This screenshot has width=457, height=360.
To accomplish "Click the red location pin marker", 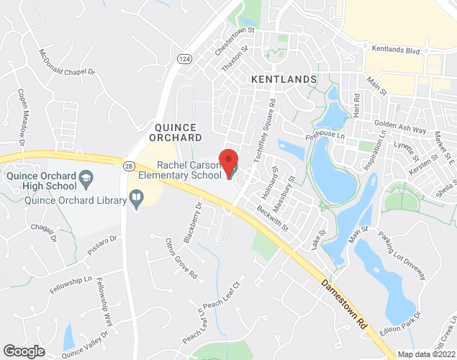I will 228,162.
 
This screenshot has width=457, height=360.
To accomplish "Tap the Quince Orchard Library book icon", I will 136,198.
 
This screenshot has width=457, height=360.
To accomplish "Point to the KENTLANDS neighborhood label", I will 284,78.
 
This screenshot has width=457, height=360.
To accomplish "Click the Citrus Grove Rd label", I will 181,257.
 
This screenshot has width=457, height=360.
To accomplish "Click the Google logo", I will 24,351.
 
